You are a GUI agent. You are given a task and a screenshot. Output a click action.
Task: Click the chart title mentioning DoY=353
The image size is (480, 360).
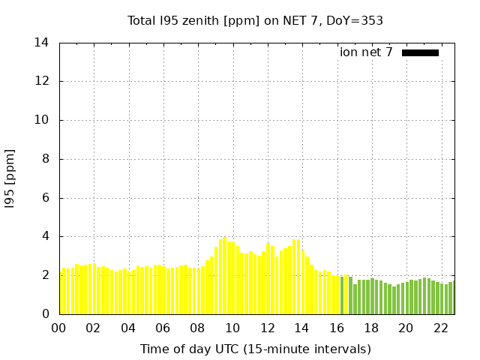[x=255, y=21]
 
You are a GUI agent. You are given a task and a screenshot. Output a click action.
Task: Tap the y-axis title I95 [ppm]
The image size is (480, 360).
[x=10, y=178]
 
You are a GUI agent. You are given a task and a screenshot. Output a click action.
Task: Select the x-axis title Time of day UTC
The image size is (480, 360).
[x=255, y=349]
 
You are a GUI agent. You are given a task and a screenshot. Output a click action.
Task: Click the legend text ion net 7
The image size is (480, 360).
[x=366, y=52]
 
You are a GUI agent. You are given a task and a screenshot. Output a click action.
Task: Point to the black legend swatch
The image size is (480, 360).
[x=420, y=52]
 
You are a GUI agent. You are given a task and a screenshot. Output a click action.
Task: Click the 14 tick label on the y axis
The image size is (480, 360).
[x=42, y=43]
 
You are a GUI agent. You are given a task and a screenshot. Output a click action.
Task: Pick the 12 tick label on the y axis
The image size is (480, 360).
[x=42, y=81]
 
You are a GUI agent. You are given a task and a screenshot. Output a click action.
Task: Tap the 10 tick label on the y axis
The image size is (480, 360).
[x=42, y=120]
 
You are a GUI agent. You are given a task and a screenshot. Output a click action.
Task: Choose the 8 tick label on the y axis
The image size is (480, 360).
[x=45, y=159]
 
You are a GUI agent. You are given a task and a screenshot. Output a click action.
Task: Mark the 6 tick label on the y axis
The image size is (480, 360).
[x=45, y=198]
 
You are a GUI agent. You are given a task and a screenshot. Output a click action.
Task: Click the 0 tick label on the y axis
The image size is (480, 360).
[x=45, y=314]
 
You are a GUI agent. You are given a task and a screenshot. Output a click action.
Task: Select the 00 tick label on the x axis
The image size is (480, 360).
[x=58, y=328]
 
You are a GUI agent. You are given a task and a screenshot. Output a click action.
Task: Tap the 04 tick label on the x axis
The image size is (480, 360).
[x=128, y=328]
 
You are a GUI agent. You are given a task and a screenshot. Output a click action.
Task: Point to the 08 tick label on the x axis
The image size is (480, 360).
[x=197, y=328]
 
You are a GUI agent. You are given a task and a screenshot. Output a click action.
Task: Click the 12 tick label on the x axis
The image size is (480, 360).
[x=267, y=328]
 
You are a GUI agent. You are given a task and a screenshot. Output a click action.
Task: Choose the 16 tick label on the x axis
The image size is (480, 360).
[x=337, y=328]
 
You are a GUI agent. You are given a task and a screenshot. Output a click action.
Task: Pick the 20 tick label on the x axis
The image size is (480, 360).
[x=406, y=328]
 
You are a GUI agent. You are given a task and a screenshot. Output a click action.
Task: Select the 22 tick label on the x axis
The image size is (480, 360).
[x=441, y=328]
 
